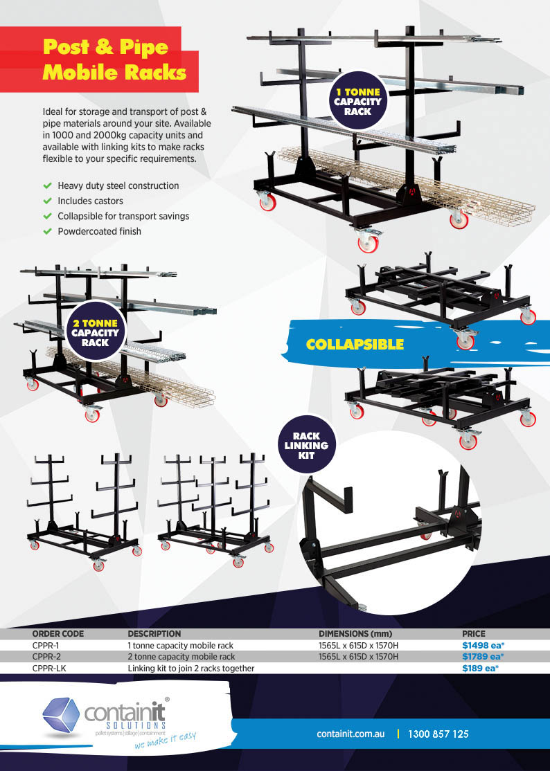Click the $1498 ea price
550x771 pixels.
click(483, 645)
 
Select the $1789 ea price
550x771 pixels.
click(483, 656)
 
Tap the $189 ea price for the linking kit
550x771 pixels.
click(480, 669)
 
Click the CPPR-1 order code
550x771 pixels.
click(46, 645)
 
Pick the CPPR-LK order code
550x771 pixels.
click(49, 669)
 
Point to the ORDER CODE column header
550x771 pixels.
click(58, 634)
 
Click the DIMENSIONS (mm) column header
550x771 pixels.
click(355, 634)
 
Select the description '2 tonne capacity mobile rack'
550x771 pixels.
click(181, 656)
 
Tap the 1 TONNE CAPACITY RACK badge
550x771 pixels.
click(357, 101)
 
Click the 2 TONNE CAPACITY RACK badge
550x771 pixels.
click(96, 332)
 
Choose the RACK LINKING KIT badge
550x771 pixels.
click(306, 445)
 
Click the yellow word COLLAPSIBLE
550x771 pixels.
click(355, 344)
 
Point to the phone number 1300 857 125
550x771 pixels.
click(438, 734)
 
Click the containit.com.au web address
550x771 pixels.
click(351, 734)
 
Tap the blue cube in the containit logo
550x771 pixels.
click(60, 715)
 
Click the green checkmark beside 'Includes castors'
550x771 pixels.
click(47, 201)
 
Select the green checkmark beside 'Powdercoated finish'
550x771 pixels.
click(47, 231)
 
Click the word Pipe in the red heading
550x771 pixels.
click(143, 47)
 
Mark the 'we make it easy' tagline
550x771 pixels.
click(166, 740)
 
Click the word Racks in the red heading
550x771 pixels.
click(155, 72)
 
